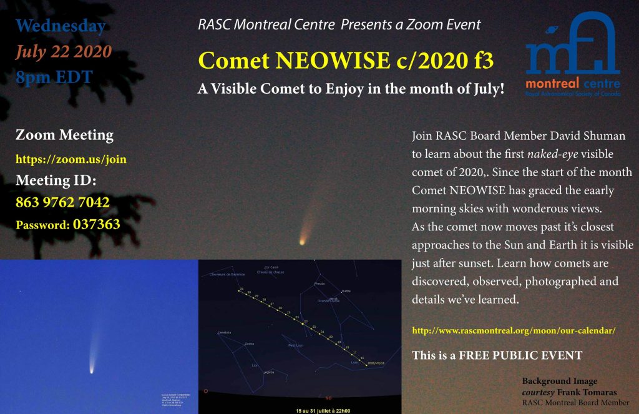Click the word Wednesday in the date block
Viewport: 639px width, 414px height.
pyautogui.click(x=61, y=27)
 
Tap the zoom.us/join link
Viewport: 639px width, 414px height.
pyautogui.click(x=71, y=159)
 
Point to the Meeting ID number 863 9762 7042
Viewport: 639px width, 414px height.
pyautogui.click(x=62, y=202)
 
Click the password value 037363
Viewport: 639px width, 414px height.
pyautogui.click(x=97, y=224)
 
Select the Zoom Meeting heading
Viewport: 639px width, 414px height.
pyautogui.click(x=64, y=135)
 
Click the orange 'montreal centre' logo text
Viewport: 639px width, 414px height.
pyautogui.click(x=573, y=84)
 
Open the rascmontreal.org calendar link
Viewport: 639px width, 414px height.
pyautogui.click(x=514, y=330)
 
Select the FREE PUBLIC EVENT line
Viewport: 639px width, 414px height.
pyautogui.click(x=497, y=355)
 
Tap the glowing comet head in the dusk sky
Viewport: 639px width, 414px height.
pyautogui.click(x=303, y=240)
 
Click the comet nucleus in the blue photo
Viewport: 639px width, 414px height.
pyautogui.click(x=92, y=370)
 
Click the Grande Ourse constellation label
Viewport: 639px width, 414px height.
pyautogui.click(x=328, y=300)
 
